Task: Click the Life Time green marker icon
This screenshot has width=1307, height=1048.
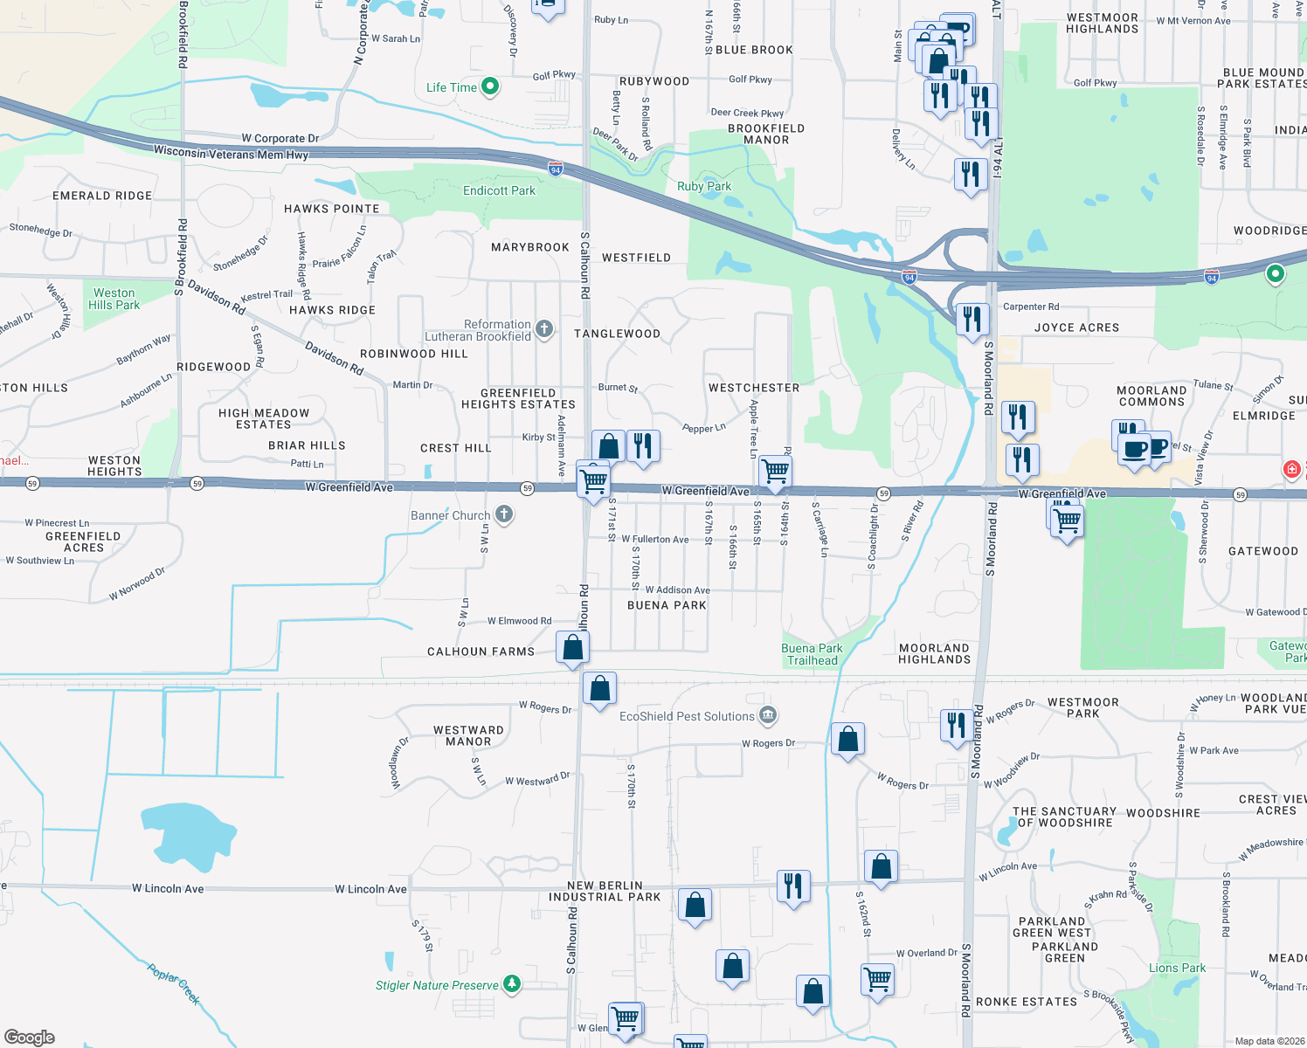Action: coord(490,86)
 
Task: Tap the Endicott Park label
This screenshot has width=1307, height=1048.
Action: coord(499,190)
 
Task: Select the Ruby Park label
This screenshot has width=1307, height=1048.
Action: coord(704,186)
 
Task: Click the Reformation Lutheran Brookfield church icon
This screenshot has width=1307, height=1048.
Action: coord(544,329)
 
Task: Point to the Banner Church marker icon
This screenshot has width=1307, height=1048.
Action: coord(504,514)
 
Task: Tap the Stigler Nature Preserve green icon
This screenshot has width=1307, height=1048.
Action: coord(512,984)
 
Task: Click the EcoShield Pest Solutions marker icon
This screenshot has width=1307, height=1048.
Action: coord(767,716)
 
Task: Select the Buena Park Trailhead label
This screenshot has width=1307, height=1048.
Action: coord(812,654)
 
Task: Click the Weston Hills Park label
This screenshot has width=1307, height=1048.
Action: coord(114,299)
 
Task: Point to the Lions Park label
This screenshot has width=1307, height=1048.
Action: coord(1177,968)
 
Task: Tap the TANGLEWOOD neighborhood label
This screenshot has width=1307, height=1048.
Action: coord(617,334)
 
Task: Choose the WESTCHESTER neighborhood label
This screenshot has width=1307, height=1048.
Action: coord(754,388)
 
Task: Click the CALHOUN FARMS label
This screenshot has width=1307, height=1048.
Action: coord(481,652)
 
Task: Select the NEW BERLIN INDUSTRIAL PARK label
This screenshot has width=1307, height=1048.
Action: coord(605,891)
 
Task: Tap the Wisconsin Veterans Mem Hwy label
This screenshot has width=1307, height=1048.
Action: coord(231,154)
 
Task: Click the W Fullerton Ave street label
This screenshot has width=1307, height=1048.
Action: coord(655,540)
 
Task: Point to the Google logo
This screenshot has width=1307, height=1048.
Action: coord(30,1037)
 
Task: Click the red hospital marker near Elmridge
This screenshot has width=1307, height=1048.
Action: coord(1292,469)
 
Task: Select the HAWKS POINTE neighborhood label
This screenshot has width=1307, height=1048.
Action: coord(331,209)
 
